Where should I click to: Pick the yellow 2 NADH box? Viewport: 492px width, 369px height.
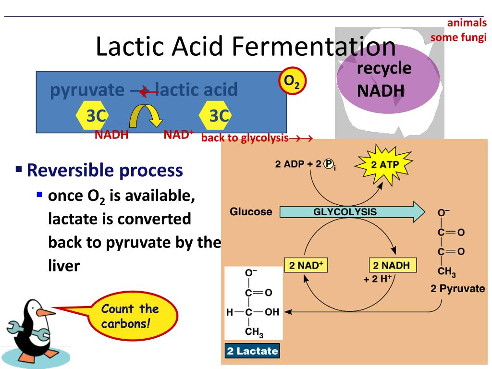[392, 265]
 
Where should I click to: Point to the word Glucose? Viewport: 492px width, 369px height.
[251, 212]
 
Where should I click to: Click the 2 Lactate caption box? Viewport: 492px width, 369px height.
[252, 351]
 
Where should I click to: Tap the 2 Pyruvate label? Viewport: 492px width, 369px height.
[457, 289]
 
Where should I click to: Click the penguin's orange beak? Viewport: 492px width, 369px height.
[46, 313]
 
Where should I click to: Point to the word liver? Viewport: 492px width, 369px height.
[63, 266]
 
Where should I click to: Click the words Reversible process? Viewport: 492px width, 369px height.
[105, 170]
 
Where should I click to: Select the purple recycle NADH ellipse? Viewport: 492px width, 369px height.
[388, 79]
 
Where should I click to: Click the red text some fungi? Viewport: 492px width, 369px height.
[459, 37]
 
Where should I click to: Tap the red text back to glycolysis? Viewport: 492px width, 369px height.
[245, 138]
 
